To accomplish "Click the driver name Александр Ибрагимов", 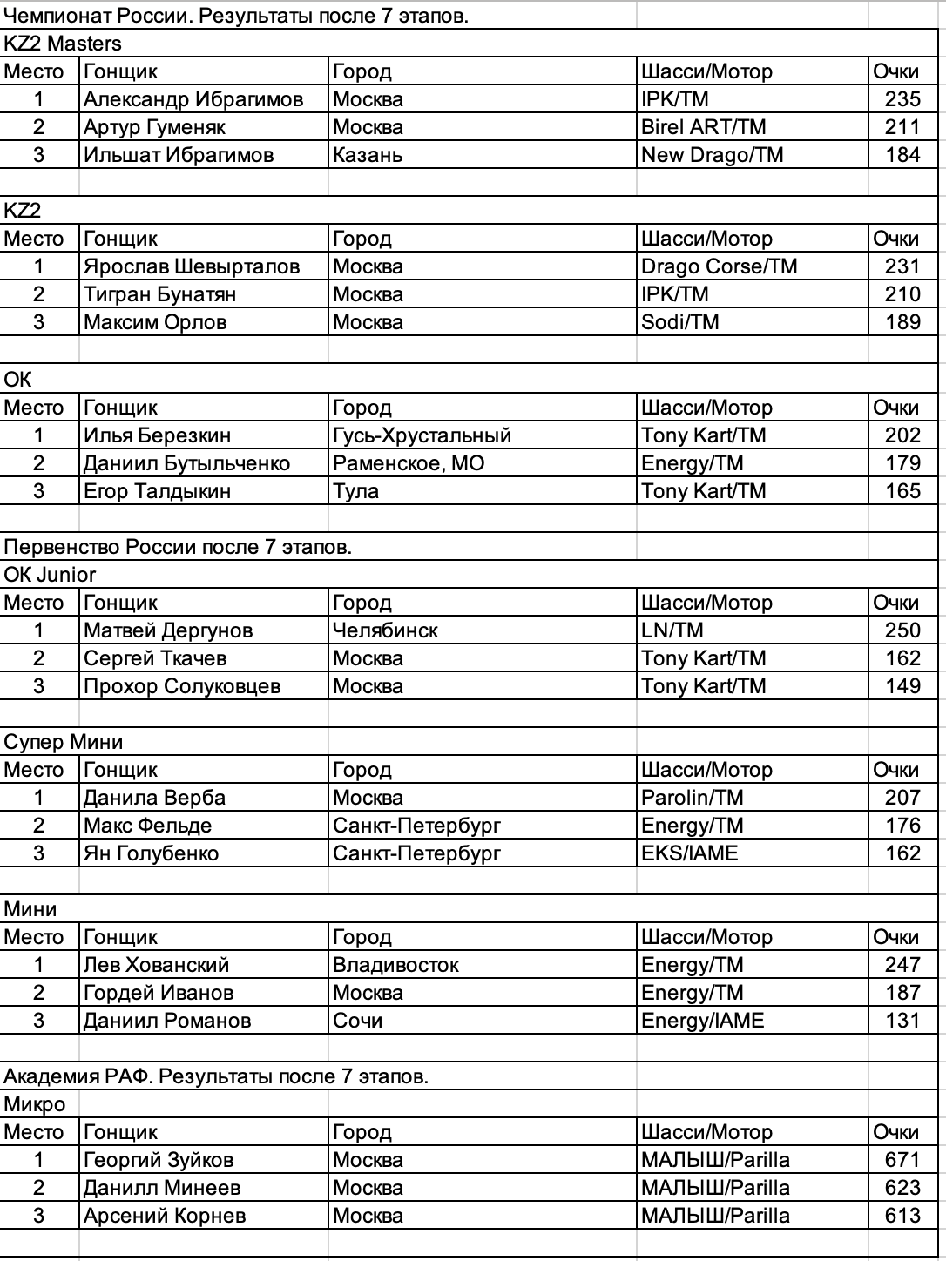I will (x=193, y=99).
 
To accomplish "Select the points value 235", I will (x=902, y=99).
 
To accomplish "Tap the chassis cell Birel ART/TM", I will (x=704, y=127).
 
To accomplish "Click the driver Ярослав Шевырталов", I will (x=192, y=266).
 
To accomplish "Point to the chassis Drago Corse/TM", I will (x=720, y=266).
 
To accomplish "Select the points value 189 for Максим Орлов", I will (x=902, y=322).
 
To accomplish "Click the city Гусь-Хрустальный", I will (x=422, y=435).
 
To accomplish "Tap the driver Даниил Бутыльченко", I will (x=186, y=463).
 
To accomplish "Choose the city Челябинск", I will (x=385, y=630).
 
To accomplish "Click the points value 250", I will (x=902, y=630).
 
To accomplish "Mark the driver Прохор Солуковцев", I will (x=182, y=686).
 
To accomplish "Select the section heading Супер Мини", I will (x=64, y=742).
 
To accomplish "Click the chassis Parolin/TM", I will (x=693, y=798).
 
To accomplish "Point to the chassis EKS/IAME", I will (x=690, y=853).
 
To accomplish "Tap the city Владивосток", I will (x=395, y=965).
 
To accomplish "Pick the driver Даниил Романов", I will (x=167, y=1021).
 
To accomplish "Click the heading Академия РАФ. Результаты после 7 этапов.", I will (x=216, y=1076).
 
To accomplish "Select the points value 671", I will (x=902, y=1160).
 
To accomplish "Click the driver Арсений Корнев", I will (x=165, y=1216).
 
